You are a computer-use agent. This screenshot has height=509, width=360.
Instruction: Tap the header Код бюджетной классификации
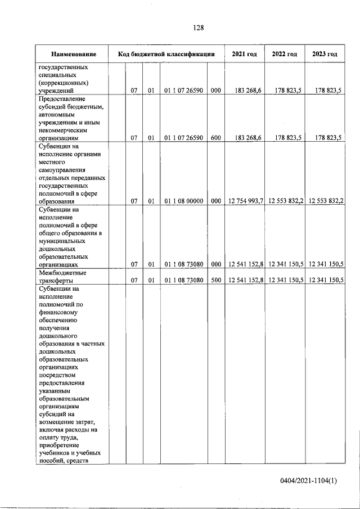pyautogui.click(x=166, y=54)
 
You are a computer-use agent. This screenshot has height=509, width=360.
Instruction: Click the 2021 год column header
pyautogui.click(x=244, y=54)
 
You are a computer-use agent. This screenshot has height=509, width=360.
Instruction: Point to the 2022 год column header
pyautogui.click(x=285, y=54)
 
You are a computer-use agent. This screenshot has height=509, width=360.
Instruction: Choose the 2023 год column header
pyautogui.click(x=325, y=54)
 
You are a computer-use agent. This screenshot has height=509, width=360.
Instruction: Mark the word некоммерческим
pyautogui.click(x=64, y=129)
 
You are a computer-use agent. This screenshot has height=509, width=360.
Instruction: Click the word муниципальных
pyautogui.click(x=62, y=240)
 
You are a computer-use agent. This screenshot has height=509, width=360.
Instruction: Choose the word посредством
pyautogui.click(x=58, y=374)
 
